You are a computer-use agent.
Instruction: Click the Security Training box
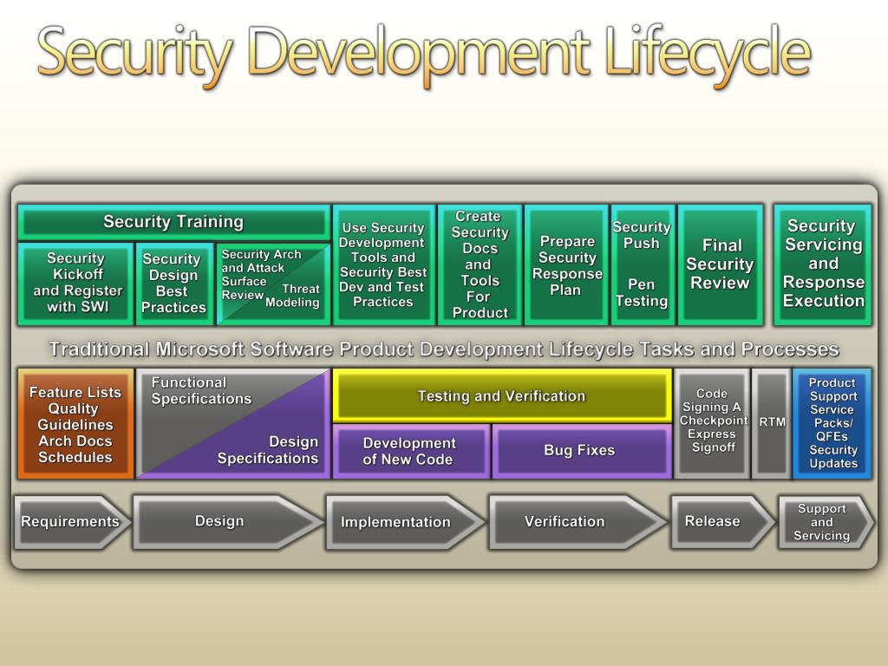coord(173,222)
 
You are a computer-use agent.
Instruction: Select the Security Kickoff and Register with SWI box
coord(76,283)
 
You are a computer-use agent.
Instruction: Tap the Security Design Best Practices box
coord(173,284)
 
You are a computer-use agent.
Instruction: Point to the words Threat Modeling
coord(294,297)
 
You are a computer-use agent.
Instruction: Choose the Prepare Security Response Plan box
coord(566,265)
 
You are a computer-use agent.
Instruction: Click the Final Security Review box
coord(720,264)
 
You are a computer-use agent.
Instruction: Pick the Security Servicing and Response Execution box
coord(822,264)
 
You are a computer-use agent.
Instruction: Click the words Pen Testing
coord(642,293)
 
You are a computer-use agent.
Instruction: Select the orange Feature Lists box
coord(75,424)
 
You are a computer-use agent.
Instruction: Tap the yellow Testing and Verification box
coord(501,396)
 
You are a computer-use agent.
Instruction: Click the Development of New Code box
coord(409,451)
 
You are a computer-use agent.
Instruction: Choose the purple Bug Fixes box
coord(580,451)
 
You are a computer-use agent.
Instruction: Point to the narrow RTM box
coord(771,423)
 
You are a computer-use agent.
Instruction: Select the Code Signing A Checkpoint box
coord(712,422)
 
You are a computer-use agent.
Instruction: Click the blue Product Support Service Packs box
coord(832,423)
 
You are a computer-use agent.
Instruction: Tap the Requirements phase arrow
coord(69,522)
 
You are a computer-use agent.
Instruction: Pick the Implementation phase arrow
coord(399,522)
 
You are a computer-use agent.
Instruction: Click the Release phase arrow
coord(716,522)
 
